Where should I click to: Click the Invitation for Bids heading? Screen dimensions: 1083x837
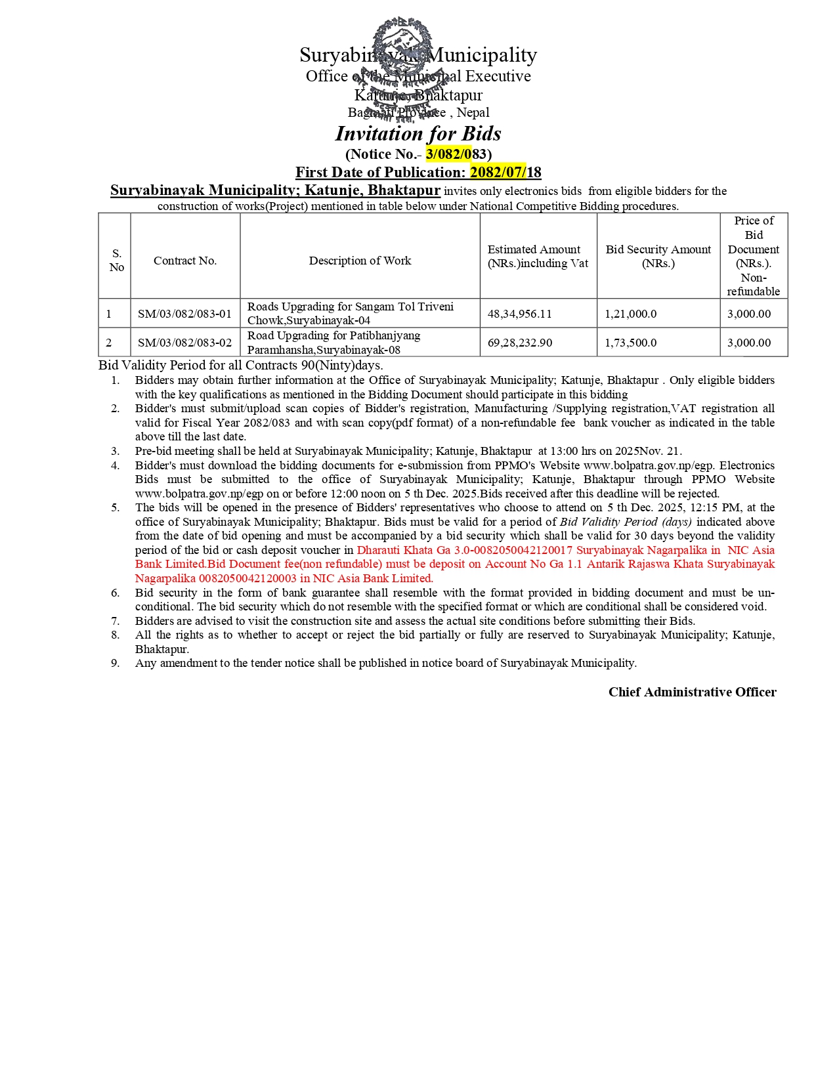click(x=418, y=134)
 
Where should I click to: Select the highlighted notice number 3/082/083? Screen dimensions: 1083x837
click(x=456, y=154)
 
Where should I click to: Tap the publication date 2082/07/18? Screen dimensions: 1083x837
click(x=505, y=173)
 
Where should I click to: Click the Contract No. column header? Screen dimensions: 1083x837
click(x=185, y=261)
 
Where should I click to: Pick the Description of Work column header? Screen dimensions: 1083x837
click(x=360, y=261)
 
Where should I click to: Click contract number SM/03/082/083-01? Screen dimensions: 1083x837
click(x=184, y=314)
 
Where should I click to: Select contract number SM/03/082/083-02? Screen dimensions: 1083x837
click(x=184, y=343)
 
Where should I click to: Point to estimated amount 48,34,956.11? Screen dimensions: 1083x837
click(x=519, y=314)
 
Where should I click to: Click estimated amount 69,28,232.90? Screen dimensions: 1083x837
click(x=519, y=343)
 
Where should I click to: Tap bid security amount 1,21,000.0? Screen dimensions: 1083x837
click(x=630, y=314)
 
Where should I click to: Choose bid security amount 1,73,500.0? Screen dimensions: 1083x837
click(x=630, y=343)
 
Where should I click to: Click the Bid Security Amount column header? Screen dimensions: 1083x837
click(x=658, y=256)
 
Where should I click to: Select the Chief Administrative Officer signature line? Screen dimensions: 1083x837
click(x=692, y=692)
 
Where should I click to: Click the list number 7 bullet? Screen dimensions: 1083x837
click(x=116, y=621)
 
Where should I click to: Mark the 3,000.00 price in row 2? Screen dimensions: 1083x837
click(x=748, y=343)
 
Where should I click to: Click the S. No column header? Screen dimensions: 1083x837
click(x=116, y=261)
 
